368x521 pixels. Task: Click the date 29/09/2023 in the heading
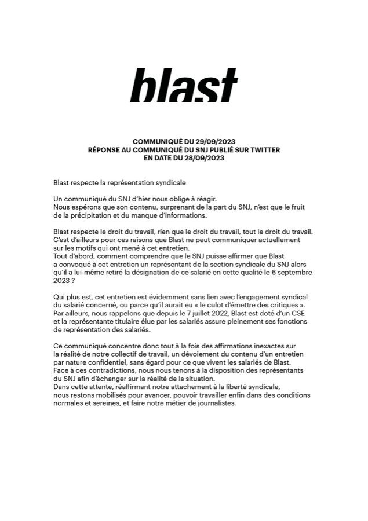point(214,142)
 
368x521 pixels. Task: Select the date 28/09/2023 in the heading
point(205,158)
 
